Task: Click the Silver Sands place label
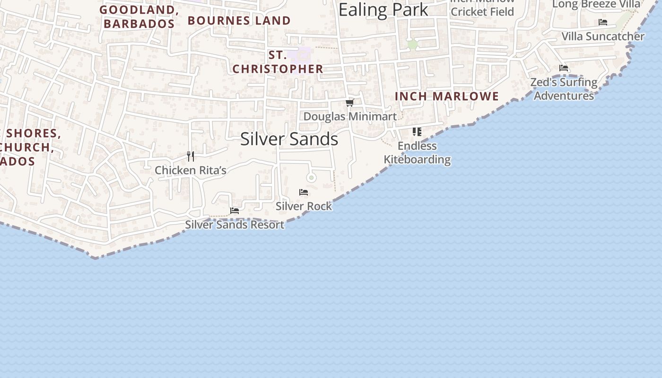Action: (x=289, y=139)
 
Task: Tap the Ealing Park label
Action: (x=383, y=9)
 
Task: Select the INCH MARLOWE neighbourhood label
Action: (x=447, y=96)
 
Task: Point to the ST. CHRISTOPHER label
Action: (x=278, y=62)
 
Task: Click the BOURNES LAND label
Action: (x=239, y=21)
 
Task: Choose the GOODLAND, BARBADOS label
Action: (x=139, y=17)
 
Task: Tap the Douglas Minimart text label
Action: (x=350, y=116)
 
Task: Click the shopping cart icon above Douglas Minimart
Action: (x=350, y=103)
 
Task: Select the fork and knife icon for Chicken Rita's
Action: (x=191, y=156)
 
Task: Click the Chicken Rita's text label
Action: (x=191, y=170)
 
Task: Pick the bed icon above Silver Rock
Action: (x=304, y=192)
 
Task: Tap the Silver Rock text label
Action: (x=304, y=206)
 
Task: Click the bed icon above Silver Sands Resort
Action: (x=235, y=210)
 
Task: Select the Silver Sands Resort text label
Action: (x=235, y=224)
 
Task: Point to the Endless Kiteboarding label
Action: (x=417, y=152)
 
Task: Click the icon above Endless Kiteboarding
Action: (x=417, y=131)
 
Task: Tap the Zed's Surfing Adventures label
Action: (x=564, y=89)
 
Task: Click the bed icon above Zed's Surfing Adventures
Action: (x=563, y=68)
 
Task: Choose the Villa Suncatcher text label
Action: (x=603, y=36)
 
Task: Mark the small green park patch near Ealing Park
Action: (x=413, y=44)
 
